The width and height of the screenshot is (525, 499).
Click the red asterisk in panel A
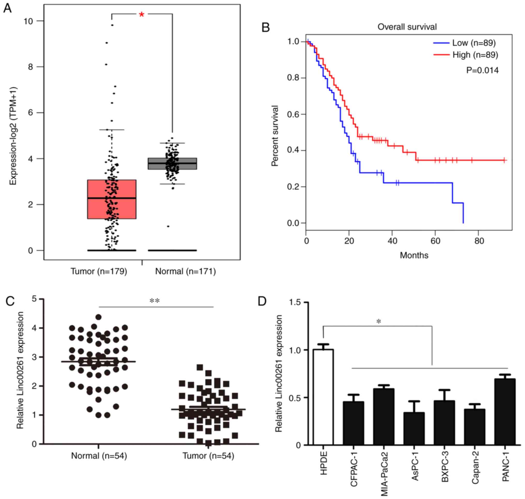coord(141,15)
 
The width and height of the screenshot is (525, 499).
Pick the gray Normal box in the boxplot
coord(172,163)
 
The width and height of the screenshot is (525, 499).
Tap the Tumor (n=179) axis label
coord(99,271)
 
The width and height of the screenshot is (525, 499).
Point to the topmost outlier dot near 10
coord(112,25)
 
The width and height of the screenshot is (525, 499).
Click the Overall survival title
coord(407,27)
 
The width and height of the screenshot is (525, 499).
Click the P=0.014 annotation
coord(482,70)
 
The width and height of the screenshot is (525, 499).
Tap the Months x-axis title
coord(414,255)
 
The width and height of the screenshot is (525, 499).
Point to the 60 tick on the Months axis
coord(435,241)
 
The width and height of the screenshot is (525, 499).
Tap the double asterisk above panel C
coord(155,301)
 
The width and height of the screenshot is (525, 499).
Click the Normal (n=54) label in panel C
coord(99,456)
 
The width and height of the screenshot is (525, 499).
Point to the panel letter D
coord(262,301)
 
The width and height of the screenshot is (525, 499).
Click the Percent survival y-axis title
coord(275,136)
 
